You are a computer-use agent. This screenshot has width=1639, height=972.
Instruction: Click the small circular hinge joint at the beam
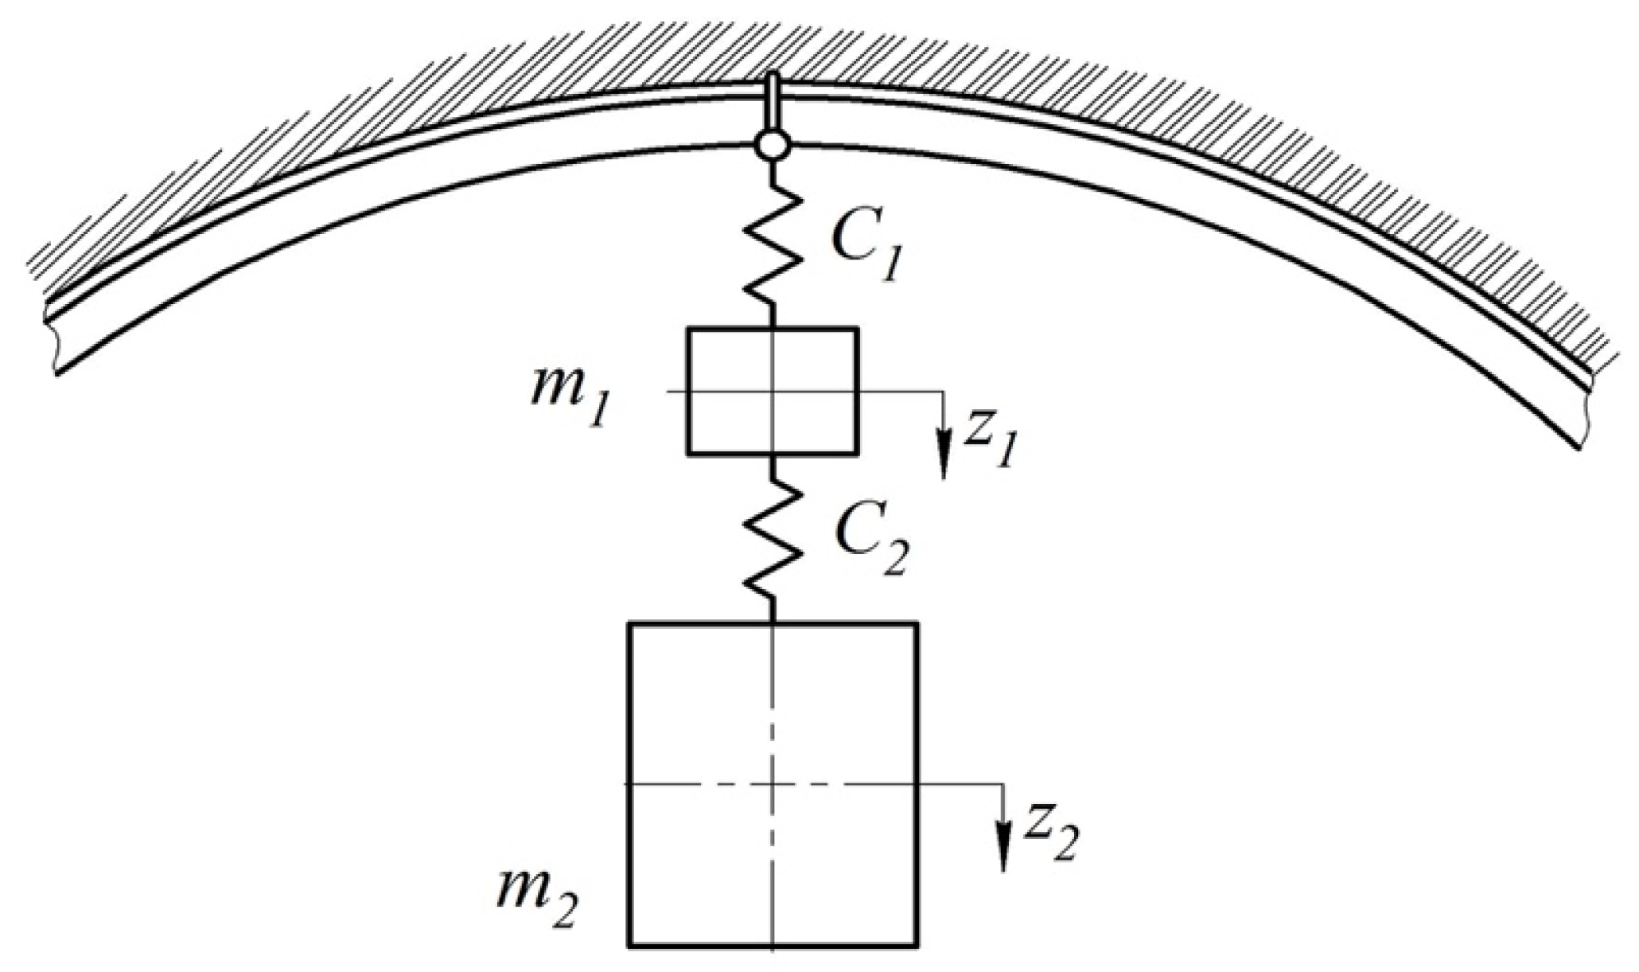pos(772,146)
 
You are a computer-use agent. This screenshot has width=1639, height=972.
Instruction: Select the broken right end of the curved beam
pos(1583,414)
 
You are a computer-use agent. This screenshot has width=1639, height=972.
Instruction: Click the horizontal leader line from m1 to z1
pos(899,391)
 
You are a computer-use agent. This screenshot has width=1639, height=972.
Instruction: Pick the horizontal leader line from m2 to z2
pos(963,784)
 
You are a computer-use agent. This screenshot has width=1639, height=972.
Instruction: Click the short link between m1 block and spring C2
pos(772,468)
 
